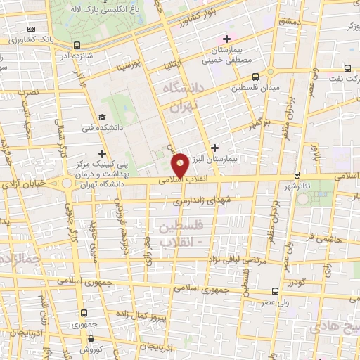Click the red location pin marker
tap(180, 166)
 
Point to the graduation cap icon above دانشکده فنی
tap(102, 117)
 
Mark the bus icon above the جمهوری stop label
tap(84, 313)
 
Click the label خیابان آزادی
tap(25, 182)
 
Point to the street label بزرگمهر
tap(259, 124)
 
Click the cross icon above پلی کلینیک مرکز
tap(103, 153)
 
